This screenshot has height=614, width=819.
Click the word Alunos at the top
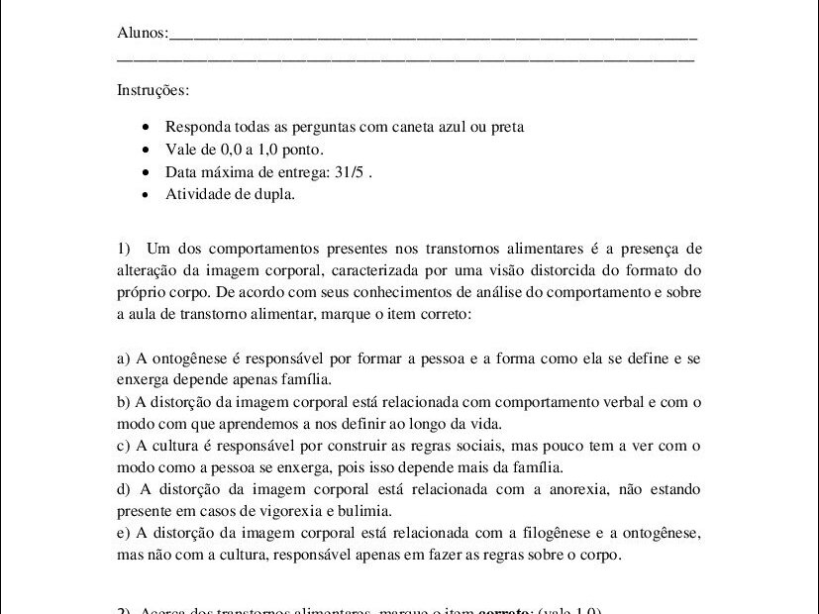(x=141, y=34)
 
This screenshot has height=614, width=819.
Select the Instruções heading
(x=153, y=90)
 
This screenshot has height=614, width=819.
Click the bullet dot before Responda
(x=147, y=128)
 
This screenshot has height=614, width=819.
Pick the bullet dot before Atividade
(x=147, y=195)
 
